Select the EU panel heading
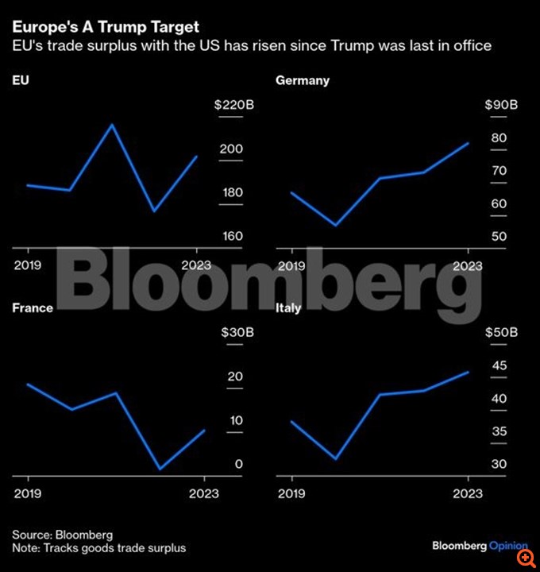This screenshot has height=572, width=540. [x=21, y=80]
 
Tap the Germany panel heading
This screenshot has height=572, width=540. [x=303, y=80]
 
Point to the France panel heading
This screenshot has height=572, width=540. [x=33, y=307]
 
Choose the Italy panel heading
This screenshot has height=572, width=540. [x=288, y=307]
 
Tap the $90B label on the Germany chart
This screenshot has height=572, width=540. [x=502, y=105]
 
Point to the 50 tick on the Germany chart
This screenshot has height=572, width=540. [x=499, y=236]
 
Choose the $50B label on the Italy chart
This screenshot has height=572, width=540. [x=502, y=332]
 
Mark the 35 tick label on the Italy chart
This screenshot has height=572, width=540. [x=499, y=431]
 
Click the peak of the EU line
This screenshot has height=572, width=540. [x=112, y=125]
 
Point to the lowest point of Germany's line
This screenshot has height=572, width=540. [x=336, y=226]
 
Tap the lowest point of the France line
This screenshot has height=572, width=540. [x=161, y=469]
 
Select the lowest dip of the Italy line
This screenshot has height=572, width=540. [x=336, y=458]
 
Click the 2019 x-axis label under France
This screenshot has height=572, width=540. [x=28, y=493]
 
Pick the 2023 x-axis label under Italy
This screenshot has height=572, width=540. [x=468, y=493]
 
